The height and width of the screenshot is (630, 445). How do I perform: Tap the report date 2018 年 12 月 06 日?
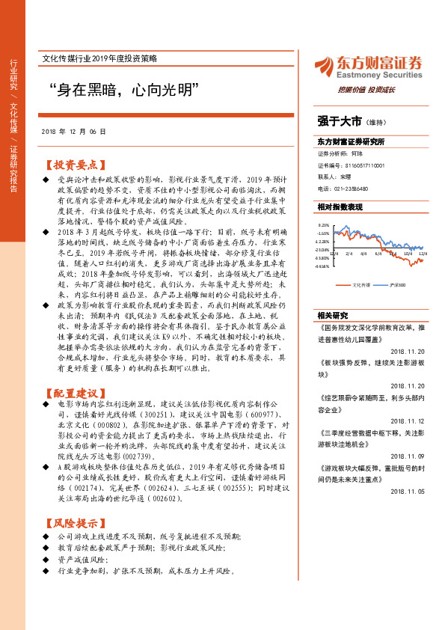(x=74, y=131)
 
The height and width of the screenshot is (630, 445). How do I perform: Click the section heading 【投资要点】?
(x=71, y=165)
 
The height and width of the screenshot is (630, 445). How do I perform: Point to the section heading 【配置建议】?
(x=71, y=392)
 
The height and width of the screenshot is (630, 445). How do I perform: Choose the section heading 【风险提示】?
(x=71, y=523)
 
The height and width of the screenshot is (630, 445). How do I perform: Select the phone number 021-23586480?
(x=363, y=189)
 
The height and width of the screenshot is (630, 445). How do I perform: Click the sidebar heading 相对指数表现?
(x=340, y=207)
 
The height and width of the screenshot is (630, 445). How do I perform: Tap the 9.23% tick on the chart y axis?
(x=323, y=224)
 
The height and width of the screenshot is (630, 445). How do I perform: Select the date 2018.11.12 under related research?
(x=406, y=420)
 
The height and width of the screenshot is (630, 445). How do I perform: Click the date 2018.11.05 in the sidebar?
(x=406, y=491)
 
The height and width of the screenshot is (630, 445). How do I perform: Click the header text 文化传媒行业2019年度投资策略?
(x=108, y=58)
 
